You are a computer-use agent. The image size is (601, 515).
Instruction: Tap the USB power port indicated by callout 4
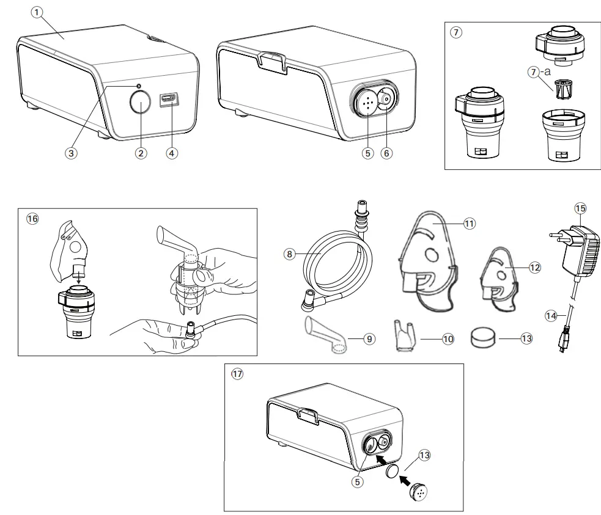(x=167, y=100)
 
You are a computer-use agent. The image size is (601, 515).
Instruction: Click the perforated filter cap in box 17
(x=419, y=492)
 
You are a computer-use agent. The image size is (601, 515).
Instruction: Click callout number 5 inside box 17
(x=359, y=481)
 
